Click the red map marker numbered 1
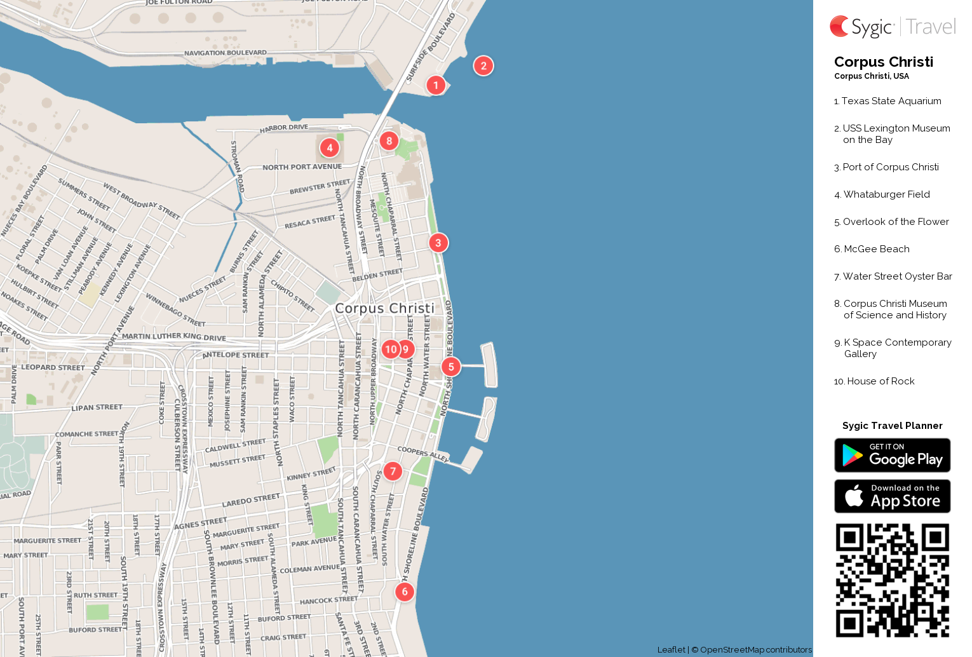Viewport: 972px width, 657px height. [436, 85]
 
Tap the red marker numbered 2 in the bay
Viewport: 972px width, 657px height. [483, 65]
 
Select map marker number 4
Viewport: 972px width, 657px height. [329, 148]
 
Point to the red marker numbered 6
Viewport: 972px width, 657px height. [405, 592]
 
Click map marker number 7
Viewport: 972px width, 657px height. [393, 471]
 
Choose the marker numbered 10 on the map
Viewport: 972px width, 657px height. [390, 349]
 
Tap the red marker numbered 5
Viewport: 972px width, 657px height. [451, 367]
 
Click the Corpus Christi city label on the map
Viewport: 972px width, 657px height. [384, 308]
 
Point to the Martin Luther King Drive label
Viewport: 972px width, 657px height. [173, 336]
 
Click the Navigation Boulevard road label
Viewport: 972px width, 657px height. [226, 53]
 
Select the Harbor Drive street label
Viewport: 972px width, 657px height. [284, 128]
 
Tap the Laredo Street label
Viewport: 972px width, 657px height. [251, 501]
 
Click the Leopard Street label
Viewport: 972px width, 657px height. [53, 367]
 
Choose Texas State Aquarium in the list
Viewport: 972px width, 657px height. [891, 101]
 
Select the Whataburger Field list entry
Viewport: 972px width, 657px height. [886, 194]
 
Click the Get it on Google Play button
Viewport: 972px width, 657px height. [892, 456]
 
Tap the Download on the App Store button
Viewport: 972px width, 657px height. [892, 496]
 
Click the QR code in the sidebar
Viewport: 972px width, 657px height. [892, 580]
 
